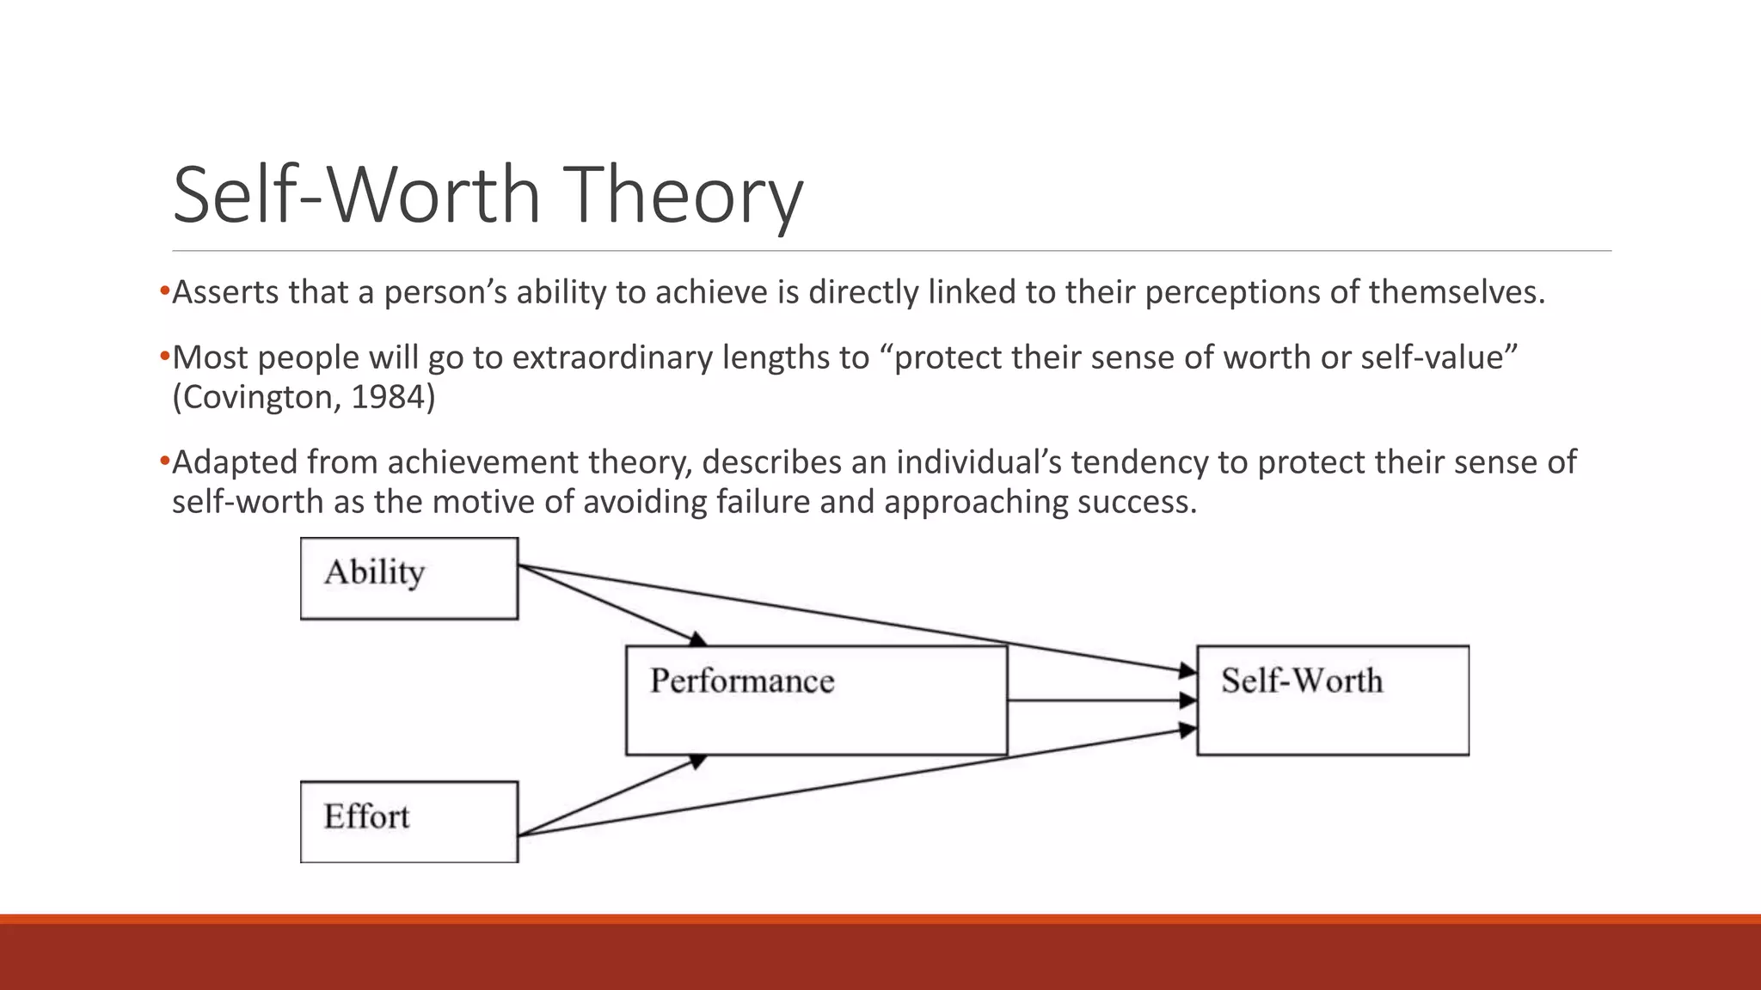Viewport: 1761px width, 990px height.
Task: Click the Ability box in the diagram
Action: click(x=409, y=578)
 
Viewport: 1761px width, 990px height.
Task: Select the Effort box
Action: click(x=409, y=822)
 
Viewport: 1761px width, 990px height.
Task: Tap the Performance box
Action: click(x=816, y=700)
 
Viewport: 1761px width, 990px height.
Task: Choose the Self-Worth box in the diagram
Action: click(x=1332, y=700)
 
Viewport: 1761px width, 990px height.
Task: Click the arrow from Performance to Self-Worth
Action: click(x=1101, y=700)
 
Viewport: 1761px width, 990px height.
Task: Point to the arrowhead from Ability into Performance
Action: click(x=698, y=639)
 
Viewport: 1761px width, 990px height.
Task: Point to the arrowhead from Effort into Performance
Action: click(x=698, y=761)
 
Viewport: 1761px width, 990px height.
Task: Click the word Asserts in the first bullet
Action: click(x=226, y=293)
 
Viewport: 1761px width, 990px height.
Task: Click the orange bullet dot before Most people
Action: click(x=164, y=356)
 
